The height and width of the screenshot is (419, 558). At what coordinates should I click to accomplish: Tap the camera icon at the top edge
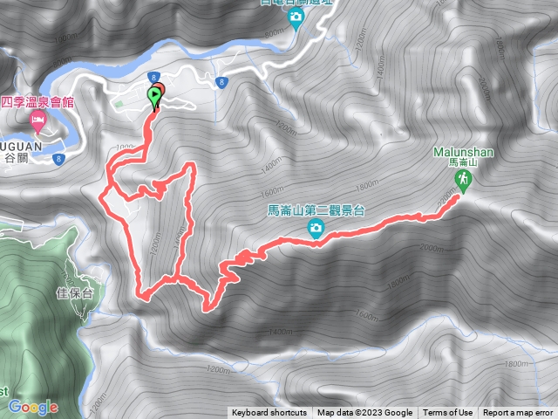(x=296, y=17)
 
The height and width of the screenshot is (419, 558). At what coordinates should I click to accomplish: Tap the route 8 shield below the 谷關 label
(x=59, y=159)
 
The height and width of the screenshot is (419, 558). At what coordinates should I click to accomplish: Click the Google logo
(x=33, y=407)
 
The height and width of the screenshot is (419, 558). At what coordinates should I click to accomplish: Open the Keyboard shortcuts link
(x=269, y=413)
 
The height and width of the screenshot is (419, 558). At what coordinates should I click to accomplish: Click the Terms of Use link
(x=448, y=413)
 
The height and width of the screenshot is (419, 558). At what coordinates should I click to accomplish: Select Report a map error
(x=519, y=413)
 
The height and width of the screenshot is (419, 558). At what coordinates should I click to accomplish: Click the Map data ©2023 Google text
(x=364, y=413)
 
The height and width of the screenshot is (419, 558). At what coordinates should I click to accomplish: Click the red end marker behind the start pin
(x=160, y=89)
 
